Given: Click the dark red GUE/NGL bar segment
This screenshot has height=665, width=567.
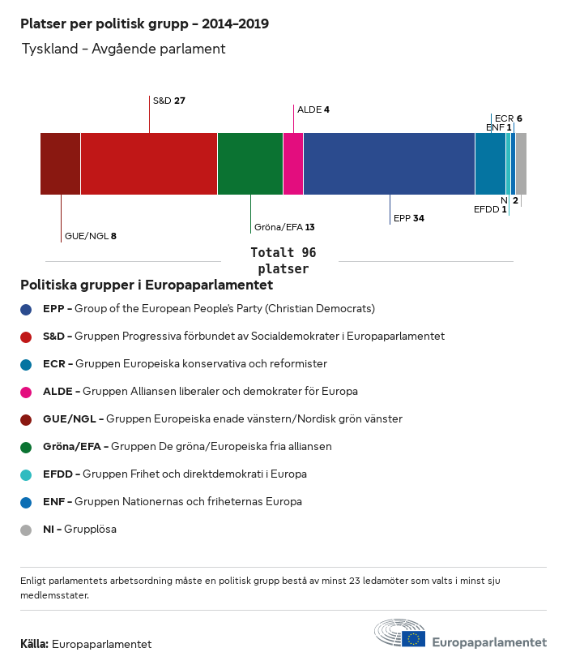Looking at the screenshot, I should [x=61, y=164].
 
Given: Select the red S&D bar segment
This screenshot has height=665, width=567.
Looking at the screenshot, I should [x=149, y=164].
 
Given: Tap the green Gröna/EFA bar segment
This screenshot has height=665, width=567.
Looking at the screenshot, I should [x=250, y=164].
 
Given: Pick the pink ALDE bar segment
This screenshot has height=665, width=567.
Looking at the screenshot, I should [x=293, y=164].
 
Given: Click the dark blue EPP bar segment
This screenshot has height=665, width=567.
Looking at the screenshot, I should [x=389, y=164].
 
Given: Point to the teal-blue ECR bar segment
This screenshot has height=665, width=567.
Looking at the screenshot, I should [x=490, y=164].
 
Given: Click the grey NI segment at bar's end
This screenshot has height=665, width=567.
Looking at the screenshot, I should [x=521, y=164].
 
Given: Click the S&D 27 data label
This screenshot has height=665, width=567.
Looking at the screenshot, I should [x=169, y=101].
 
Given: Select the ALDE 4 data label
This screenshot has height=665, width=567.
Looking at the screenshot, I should [x=313, y=109].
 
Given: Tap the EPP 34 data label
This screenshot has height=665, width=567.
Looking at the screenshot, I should [x=409, y=218].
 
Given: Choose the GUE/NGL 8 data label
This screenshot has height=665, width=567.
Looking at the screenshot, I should [x=91, y=236].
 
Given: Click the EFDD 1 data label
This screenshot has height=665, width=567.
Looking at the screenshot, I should [x=491, y=209].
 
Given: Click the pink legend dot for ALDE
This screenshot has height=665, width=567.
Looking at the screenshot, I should [x=26, y=392].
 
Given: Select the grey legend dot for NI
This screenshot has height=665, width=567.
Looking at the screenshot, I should [x=26, y=530].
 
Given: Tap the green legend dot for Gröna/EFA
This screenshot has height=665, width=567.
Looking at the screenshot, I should [x=26, y=447].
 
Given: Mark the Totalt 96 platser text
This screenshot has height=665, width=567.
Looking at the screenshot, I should [x=283, y=260].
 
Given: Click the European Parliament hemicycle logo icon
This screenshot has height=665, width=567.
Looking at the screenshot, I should [x=399, y=633].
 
